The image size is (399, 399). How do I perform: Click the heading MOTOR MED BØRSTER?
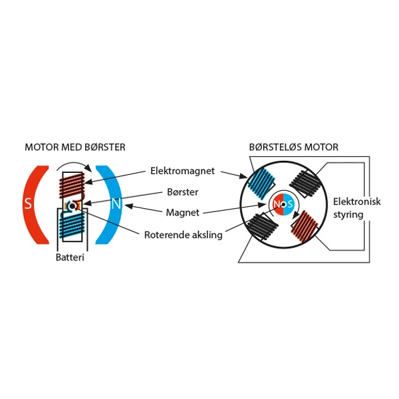tap(74, 146)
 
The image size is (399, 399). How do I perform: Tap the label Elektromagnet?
tap(182, 171)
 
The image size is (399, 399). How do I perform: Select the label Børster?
tap(184, 192)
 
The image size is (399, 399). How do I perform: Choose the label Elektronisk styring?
tap(356, 208)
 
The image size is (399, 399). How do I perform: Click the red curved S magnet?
tap(33, 203)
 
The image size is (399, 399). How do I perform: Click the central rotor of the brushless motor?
tap(283, 204)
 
